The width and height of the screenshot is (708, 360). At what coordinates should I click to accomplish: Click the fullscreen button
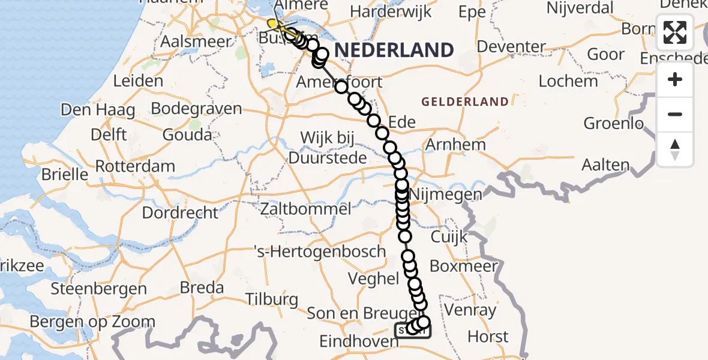675,32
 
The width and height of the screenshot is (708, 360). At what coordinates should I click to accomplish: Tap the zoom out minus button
675,114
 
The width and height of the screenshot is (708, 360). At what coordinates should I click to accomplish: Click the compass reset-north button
675,149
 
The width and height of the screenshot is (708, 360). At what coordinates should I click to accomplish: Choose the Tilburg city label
271,299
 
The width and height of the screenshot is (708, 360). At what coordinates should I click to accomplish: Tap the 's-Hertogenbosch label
320,251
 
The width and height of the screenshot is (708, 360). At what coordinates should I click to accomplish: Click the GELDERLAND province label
465,102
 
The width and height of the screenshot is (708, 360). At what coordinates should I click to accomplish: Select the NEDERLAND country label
394,50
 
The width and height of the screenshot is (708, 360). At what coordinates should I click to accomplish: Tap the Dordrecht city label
180,212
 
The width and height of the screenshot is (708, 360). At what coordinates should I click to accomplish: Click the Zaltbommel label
306,209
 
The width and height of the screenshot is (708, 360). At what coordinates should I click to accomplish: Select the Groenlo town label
614,124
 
